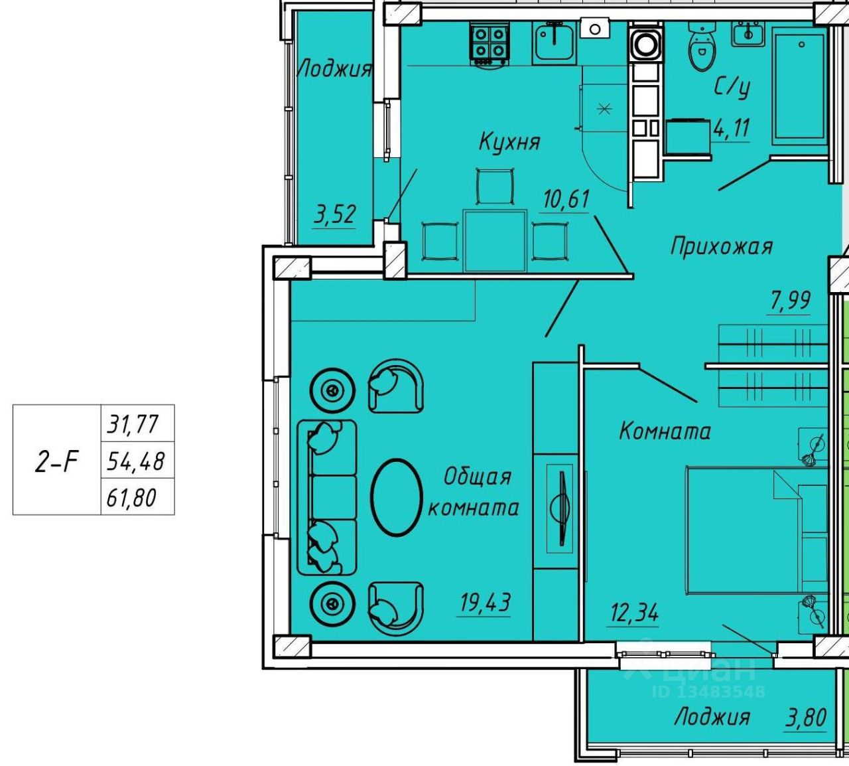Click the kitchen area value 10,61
(x=566, y=198)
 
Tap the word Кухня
(x=510, y=141)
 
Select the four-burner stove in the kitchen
(x=490, y=44)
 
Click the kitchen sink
(x=554, y=42)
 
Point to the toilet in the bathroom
(x=702, y=46)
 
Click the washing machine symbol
(x=646, y=44)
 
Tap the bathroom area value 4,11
(x=732, y=128)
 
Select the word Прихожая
(x=722, y=246)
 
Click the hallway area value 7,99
(x=790, y=300)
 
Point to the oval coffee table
(x=397, y=497)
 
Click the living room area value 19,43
(x=486, y=602)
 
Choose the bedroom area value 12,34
(x=634, y=612)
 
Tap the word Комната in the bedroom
(x=665, y=431)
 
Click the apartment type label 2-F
(x=57, y=461)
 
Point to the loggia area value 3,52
(x=334, y=214)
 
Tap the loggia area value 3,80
(x=806, y=718)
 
